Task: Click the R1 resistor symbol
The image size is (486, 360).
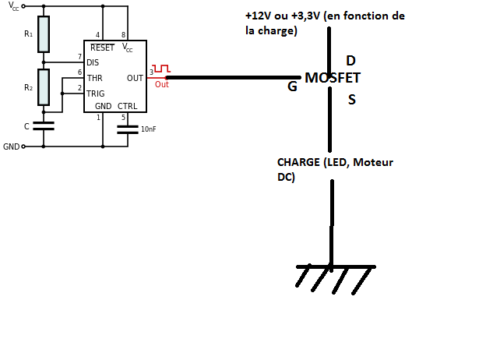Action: pyautogui.click(x=44, y=34)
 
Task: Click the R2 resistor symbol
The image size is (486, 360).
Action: pyautogui.click(x=44, y=86)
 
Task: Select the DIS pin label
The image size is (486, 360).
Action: pyautogui.click(x=93, y=62)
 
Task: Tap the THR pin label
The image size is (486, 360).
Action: pyautogui.click(x=94, y=78)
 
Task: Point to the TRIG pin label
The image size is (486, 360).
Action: pyautogui.click(x=95, y=93)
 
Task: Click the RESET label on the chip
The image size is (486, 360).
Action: pyautogui.click(x=102, y=48)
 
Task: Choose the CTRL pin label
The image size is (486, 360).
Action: pyautogui.click(x=127, y=106)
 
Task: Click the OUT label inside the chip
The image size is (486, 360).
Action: pyautogui.click(x=134, y=78)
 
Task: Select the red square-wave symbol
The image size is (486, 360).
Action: pyautogui.click(x=160, y=70)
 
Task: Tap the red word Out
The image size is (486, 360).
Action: pyautogui.click(x=161, y=84)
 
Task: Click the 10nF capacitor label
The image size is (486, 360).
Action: pyautogui.click(x=148, y=129)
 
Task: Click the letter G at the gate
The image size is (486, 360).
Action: pyautogui.click(x=292, y=86)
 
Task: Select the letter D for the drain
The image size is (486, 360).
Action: pyautogui.click(x=350, y=61)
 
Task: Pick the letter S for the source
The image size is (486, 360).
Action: pyautogui.click(x=352, y=99)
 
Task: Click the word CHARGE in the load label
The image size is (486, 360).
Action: pyautogui.click(x=298, y=162)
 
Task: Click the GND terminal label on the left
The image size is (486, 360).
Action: pyautogui.click(x=11, y=146)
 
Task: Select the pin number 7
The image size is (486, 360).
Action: pyautogui.click(x=79, y=57)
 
